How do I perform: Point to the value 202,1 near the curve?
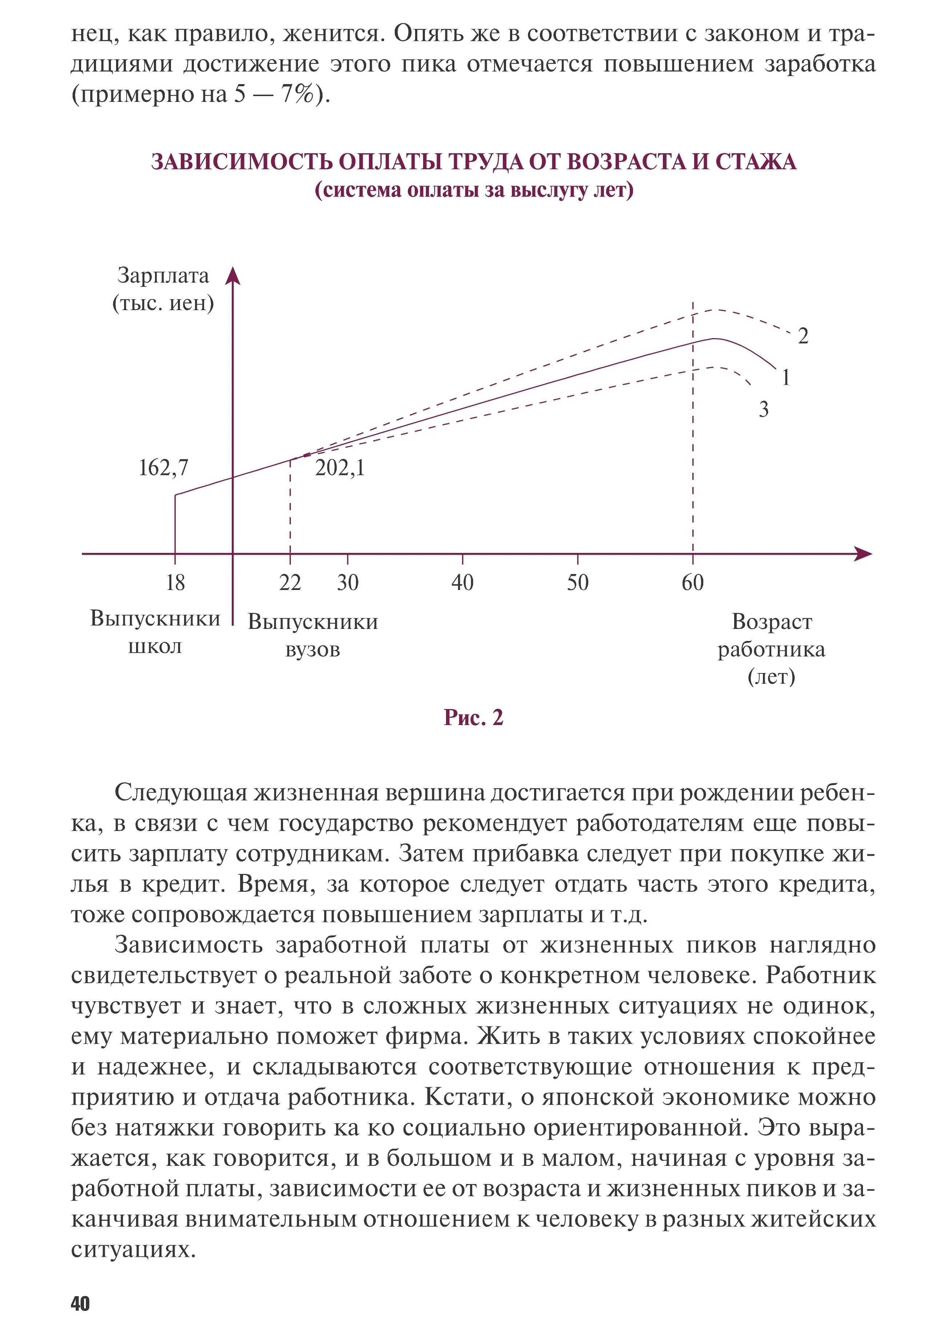pos(340,468)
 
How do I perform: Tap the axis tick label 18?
pos(175,582)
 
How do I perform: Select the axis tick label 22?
pos(290,582)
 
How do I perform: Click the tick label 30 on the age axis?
pos(348,582)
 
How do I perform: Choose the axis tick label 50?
pos(578,582)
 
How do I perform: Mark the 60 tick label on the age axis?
pos(693,582)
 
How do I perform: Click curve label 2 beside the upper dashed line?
pos(803,336)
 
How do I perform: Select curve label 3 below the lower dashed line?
pos(764,409)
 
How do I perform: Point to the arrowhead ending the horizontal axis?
pos(865,554)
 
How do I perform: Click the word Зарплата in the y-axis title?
pos(163,276)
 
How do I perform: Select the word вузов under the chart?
pos(313,650)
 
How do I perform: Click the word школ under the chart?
pos(155,646)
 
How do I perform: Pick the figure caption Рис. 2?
pos(473,717)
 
